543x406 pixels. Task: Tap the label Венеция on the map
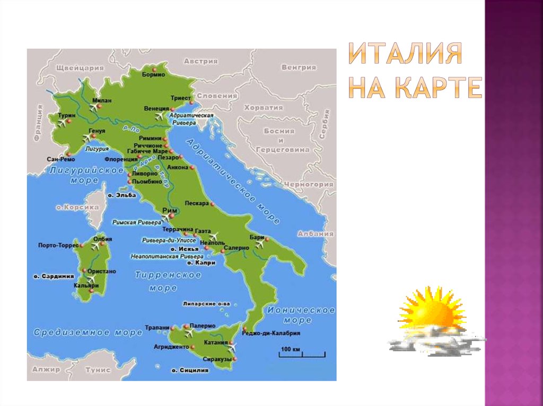tap(156, 108)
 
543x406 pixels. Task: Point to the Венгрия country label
tap(299, 67)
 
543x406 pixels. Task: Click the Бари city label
tap(257, 238)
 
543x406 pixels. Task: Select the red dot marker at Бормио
tap(154, 69)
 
